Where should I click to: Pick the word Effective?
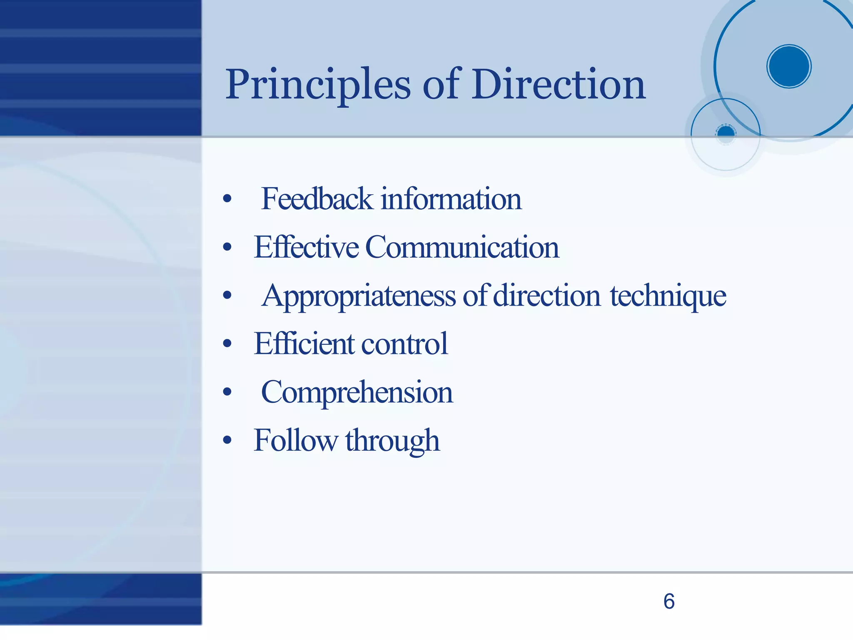(x=306, y=247)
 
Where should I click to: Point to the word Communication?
(x=462, y=247)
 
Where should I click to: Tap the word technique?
(x=668, y=295)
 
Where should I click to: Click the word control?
(x=404, y=344)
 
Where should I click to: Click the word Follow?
(x=295, y=440)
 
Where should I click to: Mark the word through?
(x=392, y=441)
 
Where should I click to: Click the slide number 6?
(x=669, y=601)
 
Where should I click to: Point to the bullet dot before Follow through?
(x=227, y=440)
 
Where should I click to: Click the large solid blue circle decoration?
(x=789, y=66)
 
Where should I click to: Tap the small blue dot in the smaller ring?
(x=726, y=133)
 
